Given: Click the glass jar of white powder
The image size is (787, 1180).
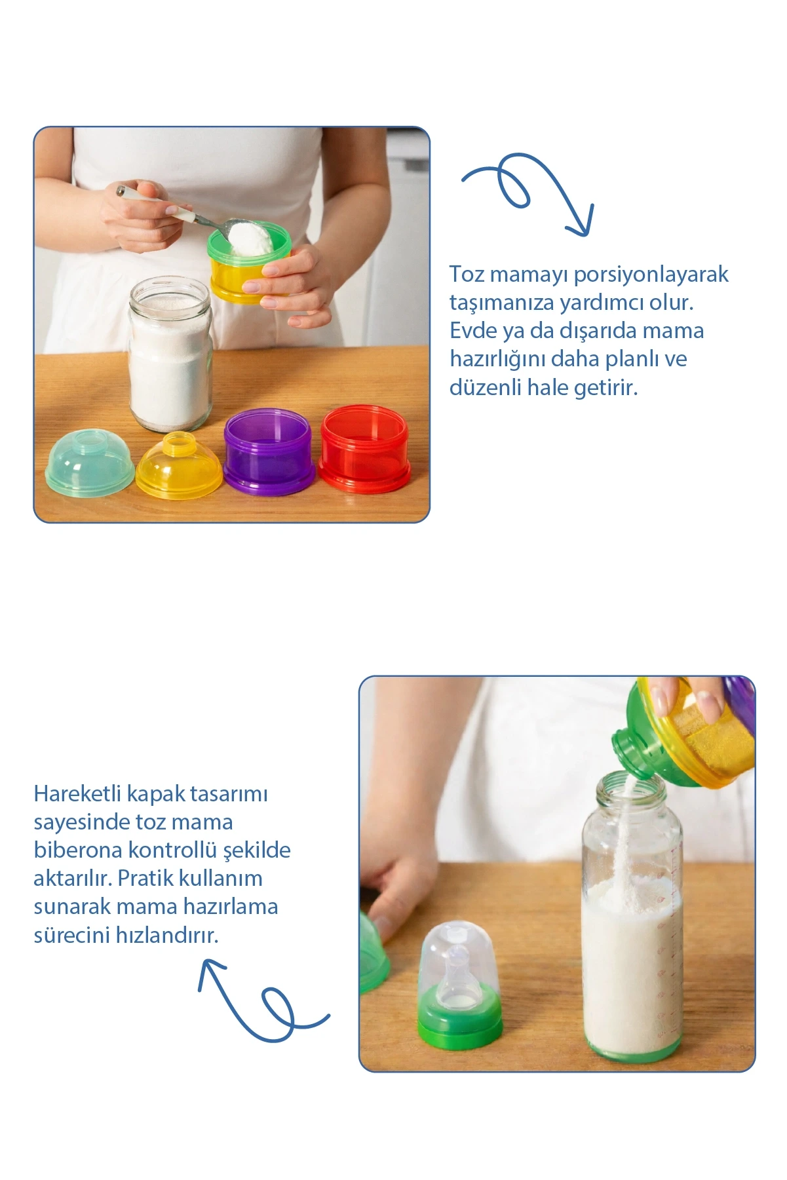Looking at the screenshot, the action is coord(171,354).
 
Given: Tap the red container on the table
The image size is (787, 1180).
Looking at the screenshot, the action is coord(364,449).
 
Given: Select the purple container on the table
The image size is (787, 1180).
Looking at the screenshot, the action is coord(269,452).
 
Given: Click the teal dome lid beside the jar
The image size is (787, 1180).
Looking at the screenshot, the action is coord(90,461).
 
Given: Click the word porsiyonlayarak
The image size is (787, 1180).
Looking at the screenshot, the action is coord(651,275).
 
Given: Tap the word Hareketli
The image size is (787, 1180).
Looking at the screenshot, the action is coord(77,793).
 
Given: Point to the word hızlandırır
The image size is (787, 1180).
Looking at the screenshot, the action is coord(167,934).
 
